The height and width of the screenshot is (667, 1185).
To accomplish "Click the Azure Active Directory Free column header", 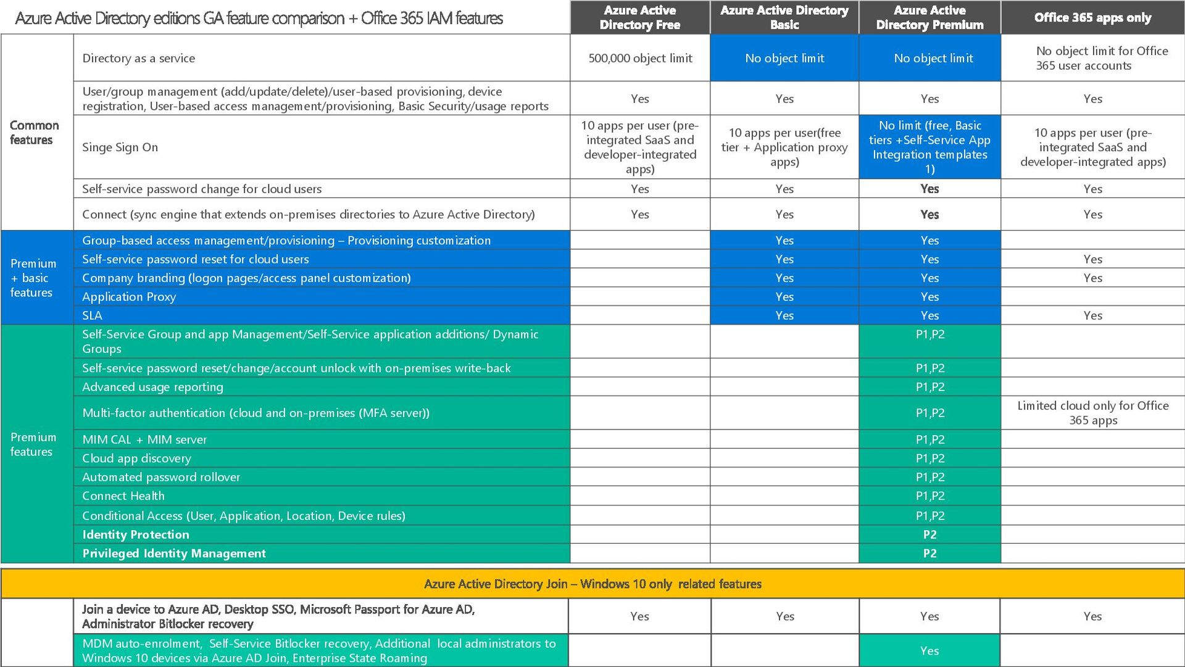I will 639,17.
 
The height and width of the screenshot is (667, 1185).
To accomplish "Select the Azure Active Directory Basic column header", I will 784,17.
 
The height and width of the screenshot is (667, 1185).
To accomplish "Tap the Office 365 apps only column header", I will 1092,17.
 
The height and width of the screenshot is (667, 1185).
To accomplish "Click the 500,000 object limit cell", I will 640,58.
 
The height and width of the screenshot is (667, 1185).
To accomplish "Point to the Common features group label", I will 34,133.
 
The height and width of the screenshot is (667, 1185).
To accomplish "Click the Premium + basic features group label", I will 33,278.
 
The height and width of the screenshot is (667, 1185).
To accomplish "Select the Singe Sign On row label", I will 120,147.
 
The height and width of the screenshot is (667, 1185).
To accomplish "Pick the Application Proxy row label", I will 129,297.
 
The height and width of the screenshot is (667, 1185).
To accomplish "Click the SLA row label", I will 93,315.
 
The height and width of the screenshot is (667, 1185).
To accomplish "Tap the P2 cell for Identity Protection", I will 929,534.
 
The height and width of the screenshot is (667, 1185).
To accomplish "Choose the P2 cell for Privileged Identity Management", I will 929,553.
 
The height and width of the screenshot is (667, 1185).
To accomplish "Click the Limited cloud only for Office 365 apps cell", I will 1092,413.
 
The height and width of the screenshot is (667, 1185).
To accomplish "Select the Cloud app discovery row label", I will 136,458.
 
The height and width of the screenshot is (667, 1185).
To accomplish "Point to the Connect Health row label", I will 123,496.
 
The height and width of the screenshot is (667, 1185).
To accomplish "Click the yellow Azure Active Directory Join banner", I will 592,584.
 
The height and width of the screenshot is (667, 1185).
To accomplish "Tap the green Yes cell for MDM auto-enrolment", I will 929,651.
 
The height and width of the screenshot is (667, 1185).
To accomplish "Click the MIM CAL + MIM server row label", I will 144,439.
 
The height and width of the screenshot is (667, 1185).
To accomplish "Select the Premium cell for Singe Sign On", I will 929,147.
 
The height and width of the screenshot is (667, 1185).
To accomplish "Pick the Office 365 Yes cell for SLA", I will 1092,315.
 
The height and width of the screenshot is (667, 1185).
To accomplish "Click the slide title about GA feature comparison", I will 259,19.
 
